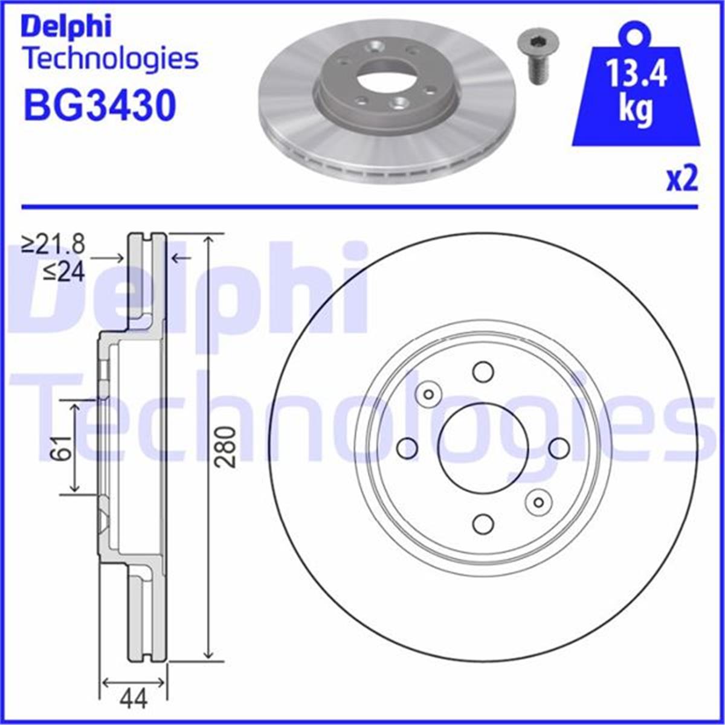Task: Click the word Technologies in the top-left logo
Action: [111, 59]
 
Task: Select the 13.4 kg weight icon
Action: [636, 91]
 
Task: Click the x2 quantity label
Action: [682, 180]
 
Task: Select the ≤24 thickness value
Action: [64, 272]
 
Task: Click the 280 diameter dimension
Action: [225, 447]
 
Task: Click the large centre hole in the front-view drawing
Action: [483, 448]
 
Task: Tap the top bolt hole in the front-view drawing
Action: [483, 372]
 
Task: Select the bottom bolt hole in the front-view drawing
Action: [483, 524]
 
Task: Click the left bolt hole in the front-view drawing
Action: [407, 448]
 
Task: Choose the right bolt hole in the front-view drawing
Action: [559, 448]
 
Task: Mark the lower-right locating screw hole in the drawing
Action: [538, 501]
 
